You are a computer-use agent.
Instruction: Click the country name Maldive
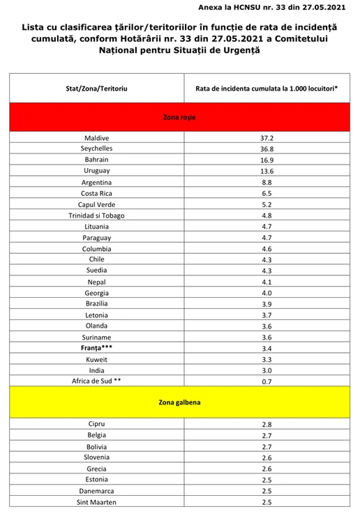coord(96,138)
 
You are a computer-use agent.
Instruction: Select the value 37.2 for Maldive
coord(267,138)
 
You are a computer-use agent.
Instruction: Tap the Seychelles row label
coord(96,149)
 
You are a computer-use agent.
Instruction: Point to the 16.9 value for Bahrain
coord(267,160)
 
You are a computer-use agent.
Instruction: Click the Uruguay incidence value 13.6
coord(267,171)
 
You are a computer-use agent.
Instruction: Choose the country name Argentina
coord(96,182)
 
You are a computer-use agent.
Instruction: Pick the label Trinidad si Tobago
coord(96,215)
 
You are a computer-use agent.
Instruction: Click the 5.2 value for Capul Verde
coord(267,204)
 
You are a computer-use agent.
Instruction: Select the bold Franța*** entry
coord(96,348)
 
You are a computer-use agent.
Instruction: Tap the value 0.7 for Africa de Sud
coord(267,381)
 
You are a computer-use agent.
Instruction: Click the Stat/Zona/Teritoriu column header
coord(96,89)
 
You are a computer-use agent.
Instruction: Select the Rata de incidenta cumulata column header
coord(267,89)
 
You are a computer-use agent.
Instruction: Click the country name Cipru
coord(96,425)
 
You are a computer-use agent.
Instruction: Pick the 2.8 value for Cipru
coord(267,425)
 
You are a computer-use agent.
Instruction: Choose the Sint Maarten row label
coord(96,502)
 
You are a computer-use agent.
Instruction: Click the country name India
coord(96,370)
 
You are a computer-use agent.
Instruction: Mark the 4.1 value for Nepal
coord(267,282)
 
